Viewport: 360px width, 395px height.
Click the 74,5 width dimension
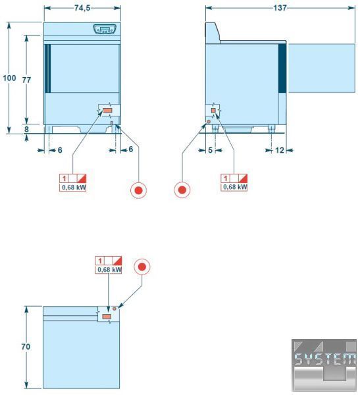(82, 8)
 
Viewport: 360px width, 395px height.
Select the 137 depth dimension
(280, 8)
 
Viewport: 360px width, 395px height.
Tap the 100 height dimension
(9, 78)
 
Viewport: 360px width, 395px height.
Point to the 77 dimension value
(26, 80)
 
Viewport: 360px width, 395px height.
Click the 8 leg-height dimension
(26, 129)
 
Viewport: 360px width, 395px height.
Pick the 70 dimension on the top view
(26, 347)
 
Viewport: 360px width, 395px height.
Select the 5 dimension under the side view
(211, 150)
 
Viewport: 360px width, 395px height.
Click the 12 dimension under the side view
(280, 150)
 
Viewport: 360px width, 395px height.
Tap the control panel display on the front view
(105, 29)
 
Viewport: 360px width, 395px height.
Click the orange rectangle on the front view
(107, 111)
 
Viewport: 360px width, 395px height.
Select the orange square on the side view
(213, 111)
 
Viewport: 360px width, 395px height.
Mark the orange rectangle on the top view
(107, 317)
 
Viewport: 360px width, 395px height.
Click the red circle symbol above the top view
(142, 267)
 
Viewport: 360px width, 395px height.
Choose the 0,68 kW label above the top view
(109, 269)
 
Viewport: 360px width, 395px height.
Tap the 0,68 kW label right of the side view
(234, 187)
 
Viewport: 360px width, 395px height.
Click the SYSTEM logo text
(324, 359)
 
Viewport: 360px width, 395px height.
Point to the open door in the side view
(321, 68)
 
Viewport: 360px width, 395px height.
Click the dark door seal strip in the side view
(282, 68)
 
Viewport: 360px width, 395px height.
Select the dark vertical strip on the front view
(48, 68)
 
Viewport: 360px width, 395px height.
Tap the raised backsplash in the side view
(212, 33)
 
